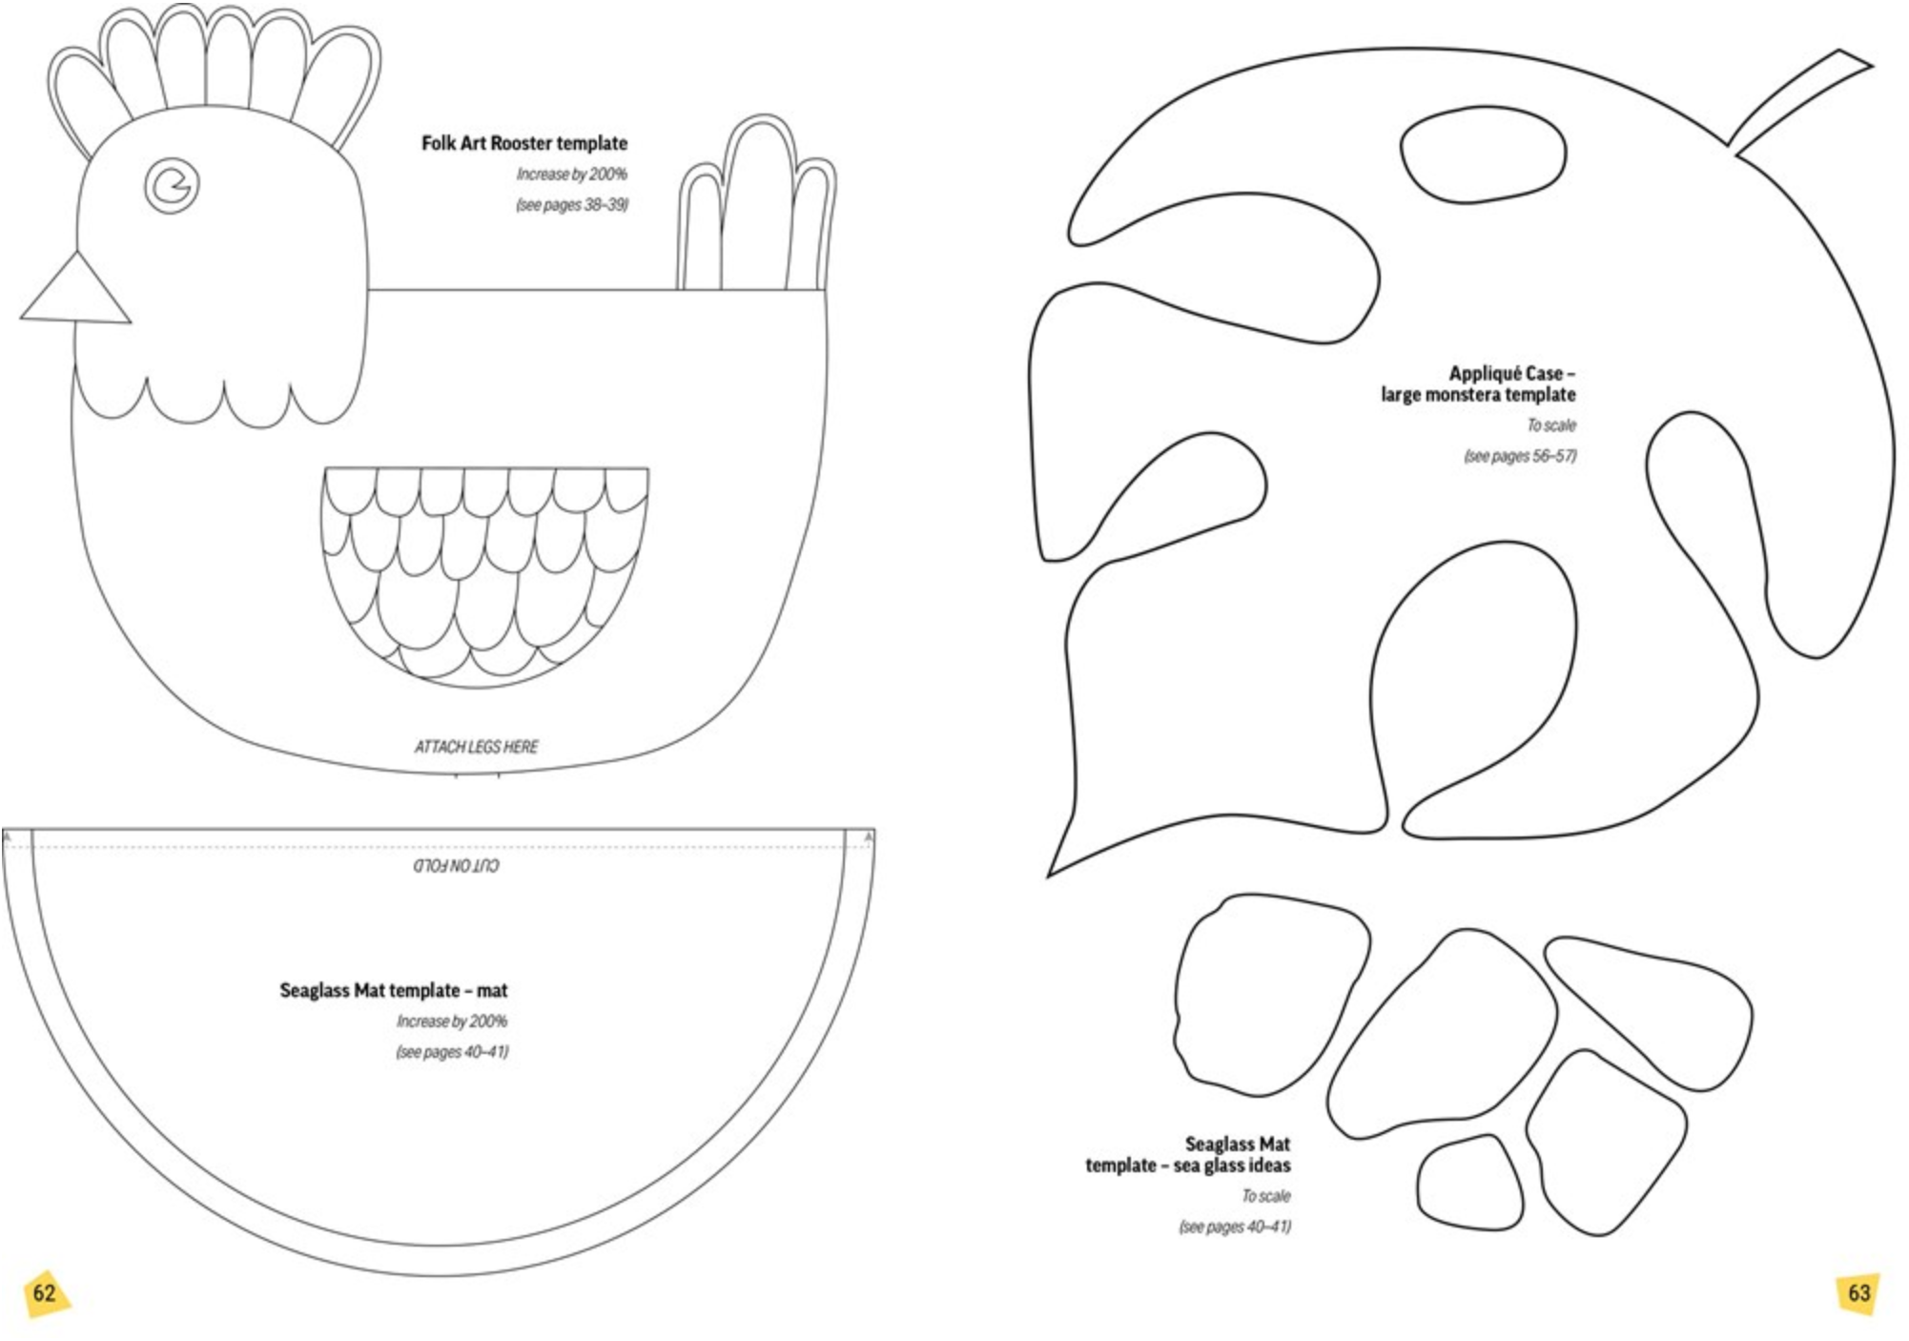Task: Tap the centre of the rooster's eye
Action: (x=172, y=184)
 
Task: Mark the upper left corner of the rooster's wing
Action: (x=324, y=468)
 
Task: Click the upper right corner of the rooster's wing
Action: (x=648, y=468)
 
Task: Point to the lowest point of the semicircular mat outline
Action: (x=439, y=1275)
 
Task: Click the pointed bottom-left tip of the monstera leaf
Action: (x=1049, y=875)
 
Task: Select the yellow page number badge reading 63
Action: (x=1858, y=1293)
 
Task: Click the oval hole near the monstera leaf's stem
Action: (x=1483, y=154)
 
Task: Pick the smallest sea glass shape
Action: (x=1469, y=1183)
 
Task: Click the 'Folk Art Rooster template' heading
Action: (x=524, y=143)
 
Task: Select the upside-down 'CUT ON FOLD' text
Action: (x=456, y=865)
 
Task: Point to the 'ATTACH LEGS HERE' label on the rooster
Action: (x=476, y=746)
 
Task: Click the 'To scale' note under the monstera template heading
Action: (x=1551, y=425)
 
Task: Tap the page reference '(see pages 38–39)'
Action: (x=572, y=205)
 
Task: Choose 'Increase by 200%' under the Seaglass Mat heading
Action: (x=452, y=1021)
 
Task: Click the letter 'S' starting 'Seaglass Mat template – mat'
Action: (x=286, y=990)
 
